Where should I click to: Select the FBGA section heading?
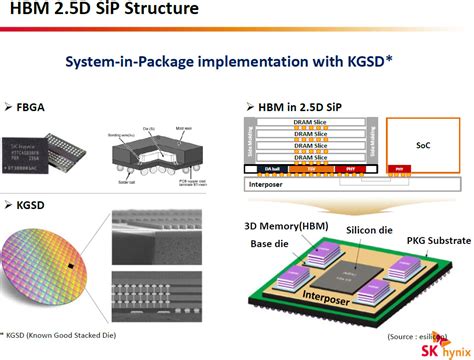click(33, 105)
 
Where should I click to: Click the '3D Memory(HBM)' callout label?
click(285, 226)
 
